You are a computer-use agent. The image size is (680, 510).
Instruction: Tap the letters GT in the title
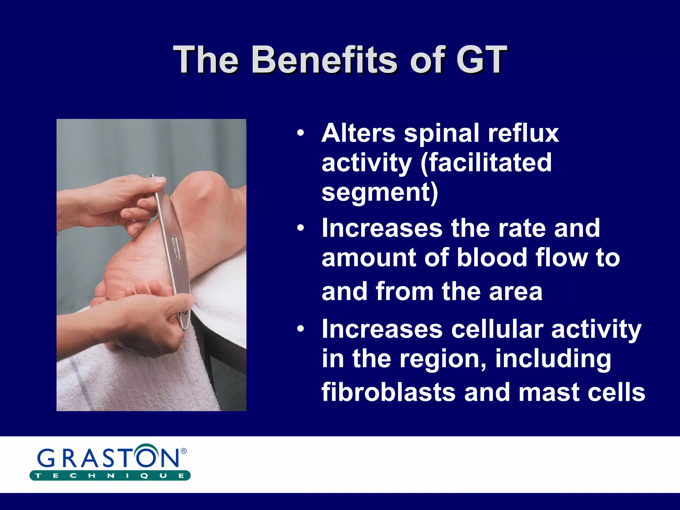coord(481,60)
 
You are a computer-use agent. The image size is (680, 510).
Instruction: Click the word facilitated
coord(486,163)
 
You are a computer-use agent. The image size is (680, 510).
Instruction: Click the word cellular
coord(497,329)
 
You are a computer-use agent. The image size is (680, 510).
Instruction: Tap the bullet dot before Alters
coord(300,133)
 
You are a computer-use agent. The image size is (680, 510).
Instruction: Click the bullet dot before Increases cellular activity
coord(300,329)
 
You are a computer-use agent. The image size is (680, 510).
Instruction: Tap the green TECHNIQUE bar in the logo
coord(110,475)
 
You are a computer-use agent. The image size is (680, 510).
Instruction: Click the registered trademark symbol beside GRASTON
coord(184,451)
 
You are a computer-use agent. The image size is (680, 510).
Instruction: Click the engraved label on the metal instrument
coord(175,247)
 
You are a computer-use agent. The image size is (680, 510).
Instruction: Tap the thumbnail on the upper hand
coord(160,180)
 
